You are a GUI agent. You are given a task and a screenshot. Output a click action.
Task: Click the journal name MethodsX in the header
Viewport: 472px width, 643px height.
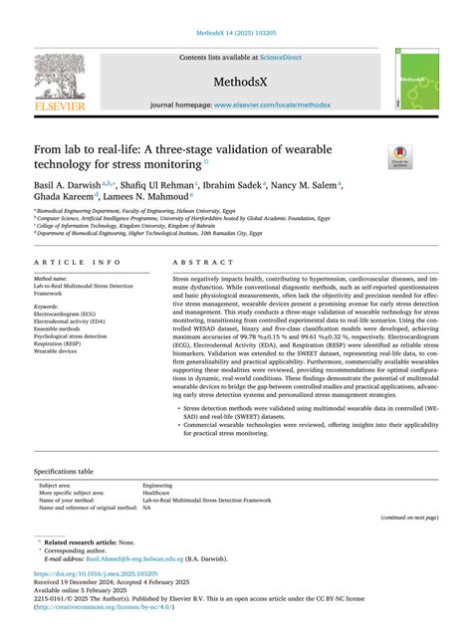click(x=235, y=82)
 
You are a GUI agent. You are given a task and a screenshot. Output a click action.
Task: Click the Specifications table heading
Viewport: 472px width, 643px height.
click(x=64, y=470)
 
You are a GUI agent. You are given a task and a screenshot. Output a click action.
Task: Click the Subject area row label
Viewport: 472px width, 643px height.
click(x=57, y=485)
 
